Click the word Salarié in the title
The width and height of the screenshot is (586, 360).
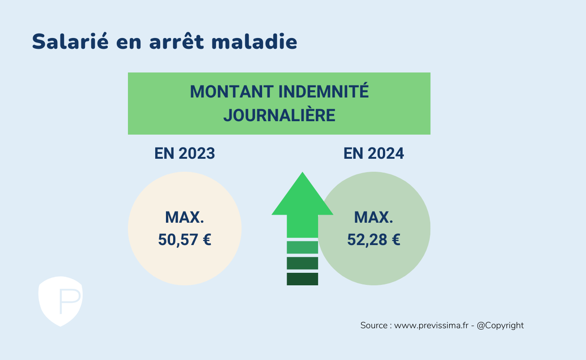click(70, 41)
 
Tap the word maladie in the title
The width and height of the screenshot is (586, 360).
click(254, 41)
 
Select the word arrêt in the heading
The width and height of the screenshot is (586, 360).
click(176, 41)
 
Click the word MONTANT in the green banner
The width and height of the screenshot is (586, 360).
click(232, 92)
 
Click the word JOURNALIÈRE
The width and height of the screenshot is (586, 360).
click(279, 114)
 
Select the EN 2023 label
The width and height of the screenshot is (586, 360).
click(185, 153)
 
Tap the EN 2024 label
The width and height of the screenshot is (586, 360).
click(374, 153)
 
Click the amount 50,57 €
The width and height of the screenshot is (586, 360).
click(185, 240)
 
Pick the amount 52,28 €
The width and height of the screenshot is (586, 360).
click(374, 240)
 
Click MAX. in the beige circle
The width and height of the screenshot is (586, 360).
click(184, 217)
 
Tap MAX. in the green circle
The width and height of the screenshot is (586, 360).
click(374, 217)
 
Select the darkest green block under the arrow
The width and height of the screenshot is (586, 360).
click(302, 279)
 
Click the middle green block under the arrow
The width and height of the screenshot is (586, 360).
click(302, 263)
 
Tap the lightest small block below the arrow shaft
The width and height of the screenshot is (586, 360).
click(302, 247)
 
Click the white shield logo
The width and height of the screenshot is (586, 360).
click(61, 301)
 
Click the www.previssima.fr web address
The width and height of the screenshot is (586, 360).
click(431, 326)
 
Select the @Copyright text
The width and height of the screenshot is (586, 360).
click(500, 326)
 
